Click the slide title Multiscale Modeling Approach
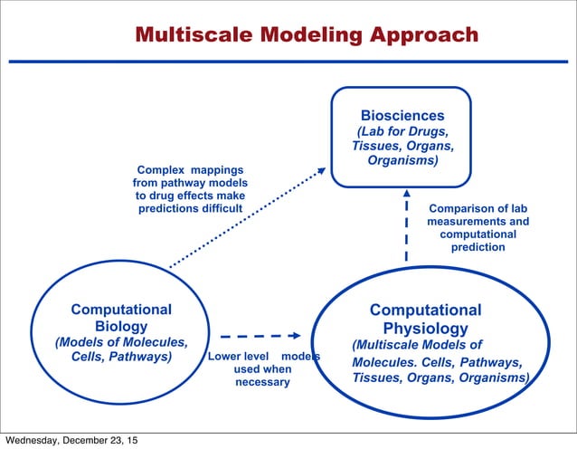[306, 35]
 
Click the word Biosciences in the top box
[402, 116]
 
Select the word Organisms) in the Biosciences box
[402, 160]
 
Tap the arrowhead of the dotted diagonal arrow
[321, 170]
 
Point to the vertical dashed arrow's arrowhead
[406, 194]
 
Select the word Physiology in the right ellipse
[425, 328]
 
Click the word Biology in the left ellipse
[121, 326]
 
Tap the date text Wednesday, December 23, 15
[71, 441]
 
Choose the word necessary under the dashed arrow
[262, 382]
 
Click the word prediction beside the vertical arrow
[478, 247]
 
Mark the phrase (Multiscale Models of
[417, 345]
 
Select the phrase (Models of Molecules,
[121, 342]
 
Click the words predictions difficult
[190, 208]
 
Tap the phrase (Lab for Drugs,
[402, 132]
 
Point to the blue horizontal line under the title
[288, 61]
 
